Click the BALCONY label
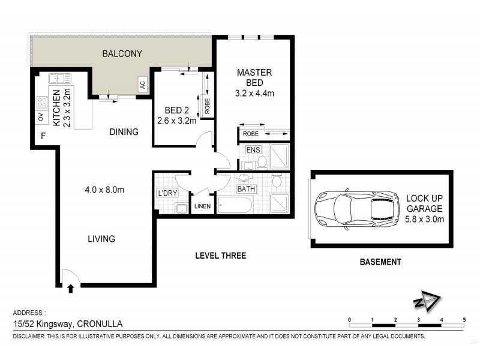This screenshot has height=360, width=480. click(122, 53)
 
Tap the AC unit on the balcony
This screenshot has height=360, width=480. click(142, 85)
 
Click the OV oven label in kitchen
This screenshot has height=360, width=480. click(41, 117)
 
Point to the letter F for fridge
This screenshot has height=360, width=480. click(43, 136)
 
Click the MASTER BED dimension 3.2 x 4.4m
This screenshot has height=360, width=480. click(254, 93)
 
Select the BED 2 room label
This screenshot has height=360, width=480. click(176, 110)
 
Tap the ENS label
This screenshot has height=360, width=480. click(252, 148)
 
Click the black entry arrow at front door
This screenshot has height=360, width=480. click(71, 289)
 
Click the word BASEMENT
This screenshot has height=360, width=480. click(380, 262)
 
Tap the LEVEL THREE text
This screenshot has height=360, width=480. click(221, 256)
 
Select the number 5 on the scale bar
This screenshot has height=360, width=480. click(464, 320)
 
